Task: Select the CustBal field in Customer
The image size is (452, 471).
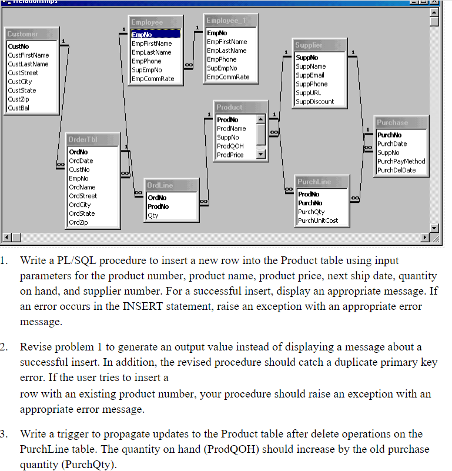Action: pyautogui.click(x=18, y=108)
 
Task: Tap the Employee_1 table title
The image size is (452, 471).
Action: pyautogui.click(x=226, y=21)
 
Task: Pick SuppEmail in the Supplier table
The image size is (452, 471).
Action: pyautogui.click(x=310, y=75)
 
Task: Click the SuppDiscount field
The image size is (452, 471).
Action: pyautogui.click(x=314, y=102)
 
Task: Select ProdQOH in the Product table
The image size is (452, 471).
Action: pyautogui.click(x=230, y=146)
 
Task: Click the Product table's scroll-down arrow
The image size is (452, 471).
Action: pyautogui.click(x=262, y=155)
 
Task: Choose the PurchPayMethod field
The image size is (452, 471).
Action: pyautogui.click(x=401, y=161)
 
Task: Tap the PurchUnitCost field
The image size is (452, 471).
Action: pyautogui.click(x=318, y=221)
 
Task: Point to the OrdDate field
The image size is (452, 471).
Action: pyautogui.click(x=81, y=161)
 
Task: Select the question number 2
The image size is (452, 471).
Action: pyautogui.click(x=4, y=347)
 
